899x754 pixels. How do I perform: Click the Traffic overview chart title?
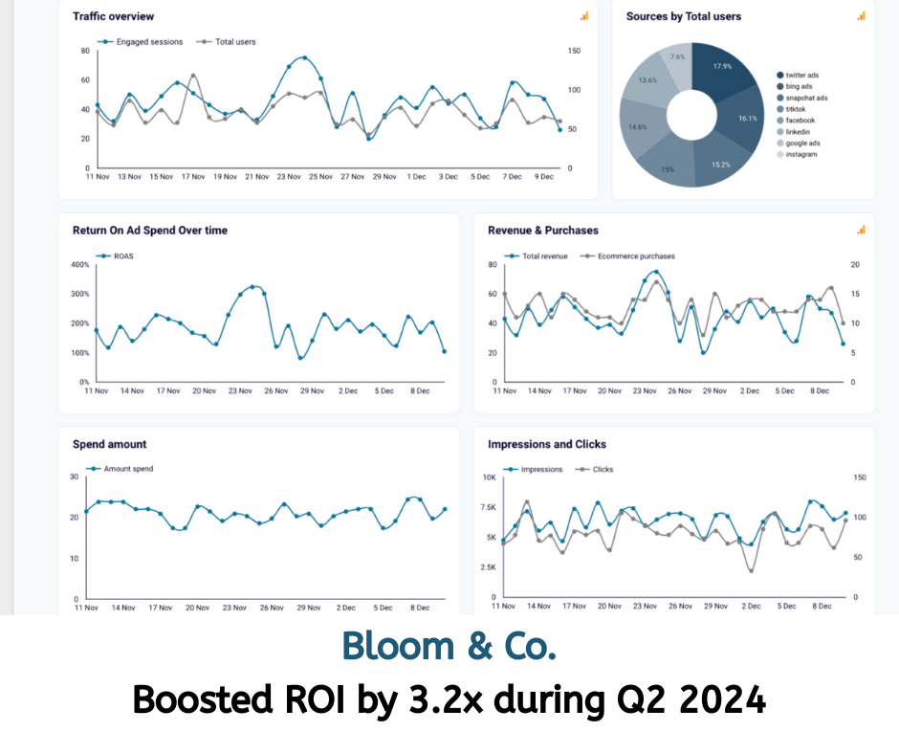tap(113, 16)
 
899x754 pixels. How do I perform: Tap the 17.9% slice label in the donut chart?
tap(723, 67)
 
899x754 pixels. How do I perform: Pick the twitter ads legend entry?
tap(801, 75)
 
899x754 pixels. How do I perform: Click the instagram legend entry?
tap(801, 154)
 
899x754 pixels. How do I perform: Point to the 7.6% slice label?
tap(676, 56)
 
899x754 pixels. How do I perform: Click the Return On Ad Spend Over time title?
tap(150, 231)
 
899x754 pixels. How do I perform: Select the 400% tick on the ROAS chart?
tap(80, 265)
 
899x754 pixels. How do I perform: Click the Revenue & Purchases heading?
tap(543, 231)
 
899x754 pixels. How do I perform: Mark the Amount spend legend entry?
tap(128, 469)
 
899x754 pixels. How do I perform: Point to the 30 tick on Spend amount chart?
tap(75, 477)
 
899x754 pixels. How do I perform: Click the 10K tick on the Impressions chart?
tap(489, 477)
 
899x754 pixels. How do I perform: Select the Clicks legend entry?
tap(603, 470)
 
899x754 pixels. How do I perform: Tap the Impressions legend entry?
tap(541, 470)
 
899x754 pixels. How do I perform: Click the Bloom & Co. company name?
tap(449, 647)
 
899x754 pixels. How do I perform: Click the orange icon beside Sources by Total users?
tap(861, 15)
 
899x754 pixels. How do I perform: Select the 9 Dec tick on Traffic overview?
tap(543, 177)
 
